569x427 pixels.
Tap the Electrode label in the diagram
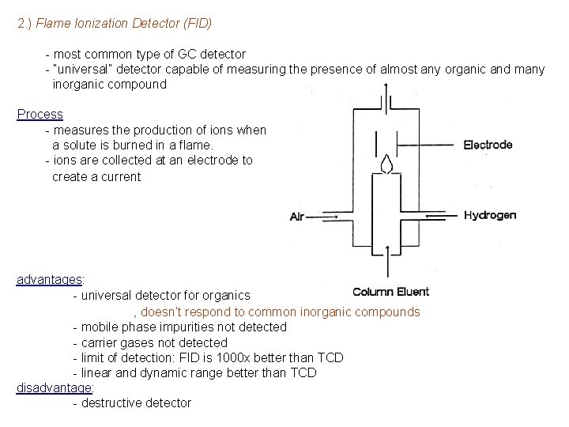pyautogui.click(x=488, y=145)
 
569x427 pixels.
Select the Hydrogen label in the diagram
pyautogui.click(x=490, y=214)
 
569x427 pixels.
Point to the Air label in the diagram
pyautogui.click(x=298, y=216)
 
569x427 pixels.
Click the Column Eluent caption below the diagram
pyautogui.click(x=390, y=292)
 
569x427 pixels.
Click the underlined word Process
pyautogui.click(x=40, y=114)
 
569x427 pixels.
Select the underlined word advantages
pyautogui.click(x=49, y=279)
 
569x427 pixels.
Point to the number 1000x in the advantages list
pyautogui.click(x=239, y=357)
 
